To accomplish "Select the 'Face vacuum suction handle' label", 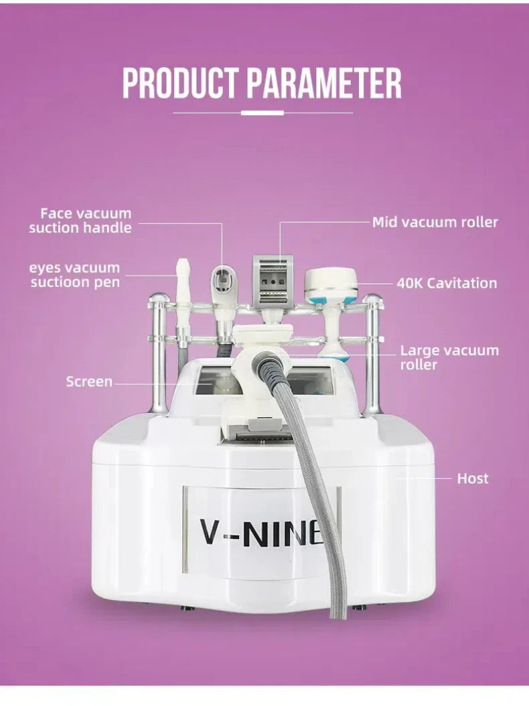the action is [x=80, y=221].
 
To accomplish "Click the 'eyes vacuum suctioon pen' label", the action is [x=75, y=275].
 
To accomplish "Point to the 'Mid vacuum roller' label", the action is [x=435, y=222].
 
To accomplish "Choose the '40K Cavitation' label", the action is [x=447, y=283].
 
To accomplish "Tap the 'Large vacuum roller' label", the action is [x=449, y=357].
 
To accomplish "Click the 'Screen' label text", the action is [x=89, y=381].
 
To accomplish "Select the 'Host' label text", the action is [x=472, y=478].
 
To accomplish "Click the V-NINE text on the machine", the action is [x=261, y=532].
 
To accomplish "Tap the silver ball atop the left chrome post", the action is [x=158, y=298].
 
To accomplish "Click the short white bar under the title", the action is [x=262, y=113].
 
